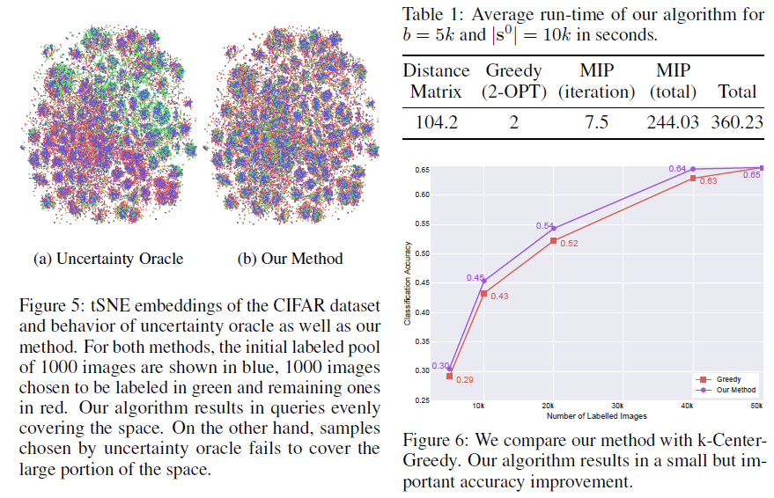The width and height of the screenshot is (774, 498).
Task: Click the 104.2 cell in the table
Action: [x=436, y=122]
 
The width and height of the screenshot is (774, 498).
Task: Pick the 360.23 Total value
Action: [x=738, y=122]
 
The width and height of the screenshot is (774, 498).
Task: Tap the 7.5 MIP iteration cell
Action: [x=596, y=122]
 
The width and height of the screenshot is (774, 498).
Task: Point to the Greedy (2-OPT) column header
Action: [x=513, y=80]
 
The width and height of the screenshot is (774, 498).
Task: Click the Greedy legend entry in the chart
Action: [x=730, y=379]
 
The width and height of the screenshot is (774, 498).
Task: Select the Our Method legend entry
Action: [x=736, y=390]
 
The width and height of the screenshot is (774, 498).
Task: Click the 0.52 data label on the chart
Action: [x=568, y=243]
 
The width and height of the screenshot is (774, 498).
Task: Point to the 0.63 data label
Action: [x=708, y=181]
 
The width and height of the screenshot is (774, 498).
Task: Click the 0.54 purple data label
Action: [x=544, y=226]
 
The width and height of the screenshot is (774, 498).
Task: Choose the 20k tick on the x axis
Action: [x=550, y=406]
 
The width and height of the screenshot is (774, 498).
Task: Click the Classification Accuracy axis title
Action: [x=407, y=283]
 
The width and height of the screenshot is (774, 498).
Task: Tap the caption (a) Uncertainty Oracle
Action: [x=108, y=259]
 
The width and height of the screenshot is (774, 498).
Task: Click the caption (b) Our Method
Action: [x=290, y=259]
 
